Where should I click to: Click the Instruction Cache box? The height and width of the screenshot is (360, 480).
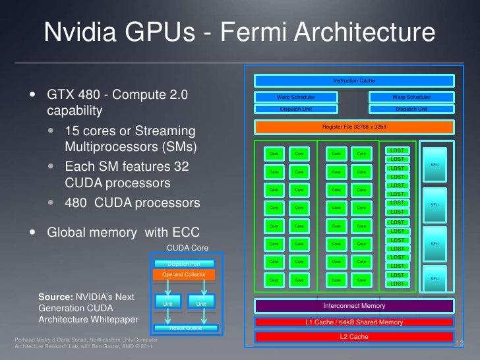click(x=354, y=80)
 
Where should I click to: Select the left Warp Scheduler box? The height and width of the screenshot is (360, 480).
click(x=296, y=97)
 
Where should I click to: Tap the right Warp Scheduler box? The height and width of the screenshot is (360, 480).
click(x=411, y=97)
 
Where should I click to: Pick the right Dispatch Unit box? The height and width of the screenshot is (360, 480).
click(x=411, y=108)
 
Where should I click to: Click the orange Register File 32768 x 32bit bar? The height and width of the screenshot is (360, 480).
click(x=354, y=127)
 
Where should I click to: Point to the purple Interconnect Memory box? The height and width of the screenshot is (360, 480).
click(x=354, y=306)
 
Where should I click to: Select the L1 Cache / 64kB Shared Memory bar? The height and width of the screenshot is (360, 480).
click(x=354, y=322)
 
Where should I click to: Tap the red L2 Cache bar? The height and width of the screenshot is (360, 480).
click(x=354, y=337)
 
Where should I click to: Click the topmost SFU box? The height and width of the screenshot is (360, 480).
click(x=434, y=164)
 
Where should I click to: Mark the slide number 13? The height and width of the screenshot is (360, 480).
click(x=460, y=344)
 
